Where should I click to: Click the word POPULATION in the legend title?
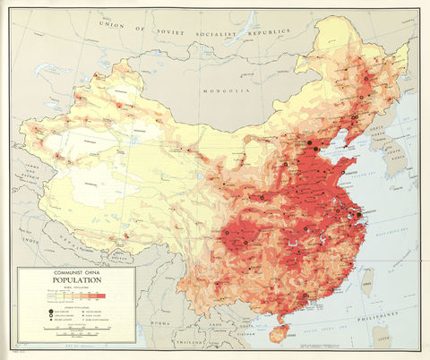pyautogui.click(x=76, y=279)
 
